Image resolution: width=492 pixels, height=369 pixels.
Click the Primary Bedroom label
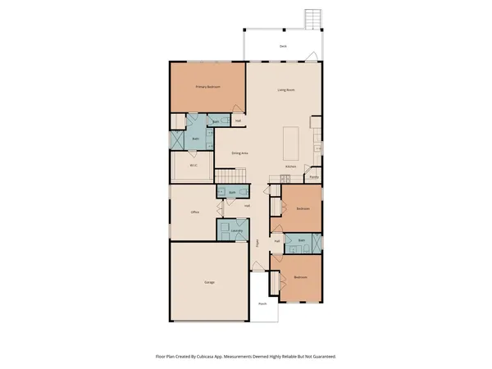[x=207, y=87]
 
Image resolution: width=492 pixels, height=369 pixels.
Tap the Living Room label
[x=285, y=90]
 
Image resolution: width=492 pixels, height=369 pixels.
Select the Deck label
[x=282, y=48]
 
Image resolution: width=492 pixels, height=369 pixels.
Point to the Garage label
[x=209, y=283]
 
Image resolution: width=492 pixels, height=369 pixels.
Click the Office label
[x=195, y=212]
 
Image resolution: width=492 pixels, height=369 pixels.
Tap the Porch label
[x=262, y=303]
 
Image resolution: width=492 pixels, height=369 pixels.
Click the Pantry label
[x=313, y=175]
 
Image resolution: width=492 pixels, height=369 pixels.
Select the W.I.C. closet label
[x=194, y=166]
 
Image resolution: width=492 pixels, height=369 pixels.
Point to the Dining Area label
[x=239, y=153]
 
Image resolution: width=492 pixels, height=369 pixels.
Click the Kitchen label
[x=290, y=166]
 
